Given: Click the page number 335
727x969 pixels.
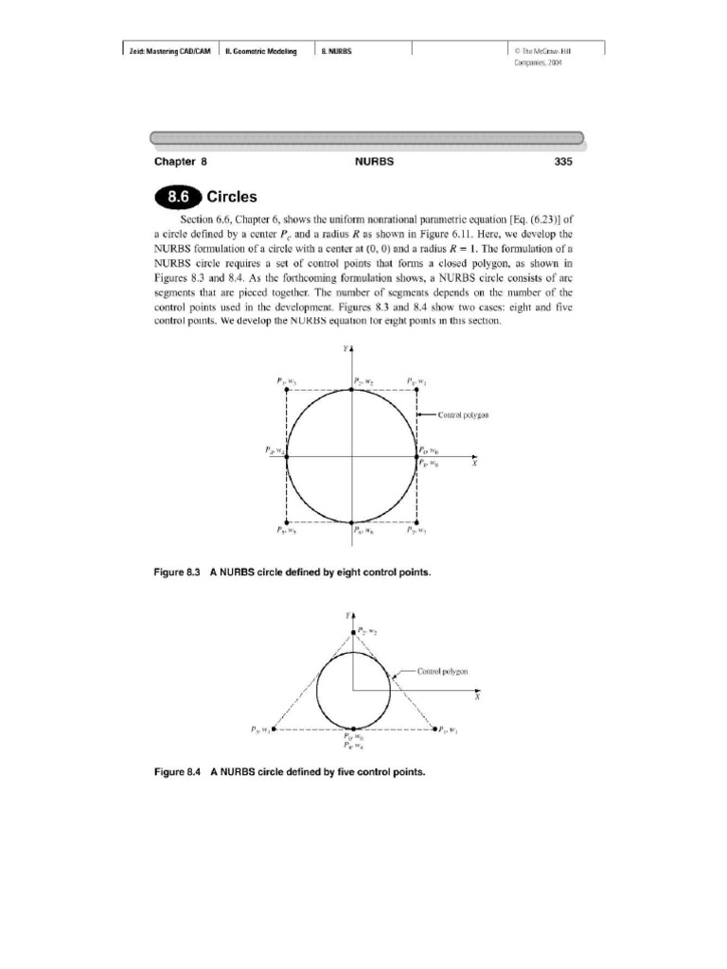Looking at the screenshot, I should click(x=563, y=162).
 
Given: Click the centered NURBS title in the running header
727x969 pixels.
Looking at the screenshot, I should click(x=374, y=162).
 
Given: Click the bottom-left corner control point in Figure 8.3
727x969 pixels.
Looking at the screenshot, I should click(x=287, y=522).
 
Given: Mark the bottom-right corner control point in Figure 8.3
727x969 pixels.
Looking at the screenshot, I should click(x=417, y=522).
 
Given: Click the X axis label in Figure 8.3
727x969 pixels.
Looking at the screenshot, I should click(x=474, y=465).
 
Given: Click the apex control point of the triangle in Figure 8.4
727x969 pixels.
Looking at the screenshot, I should click(x=352, y=631).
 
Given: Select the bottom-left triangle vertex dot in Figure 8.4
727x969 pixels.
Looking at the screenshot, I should click(x=274, y=730).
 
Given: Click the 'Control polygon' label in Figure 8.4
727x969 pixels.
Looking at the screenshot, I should click(x=443, y=671).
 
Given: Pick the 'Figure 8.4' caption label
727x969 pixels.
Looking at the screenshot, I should click(x=179, y=771).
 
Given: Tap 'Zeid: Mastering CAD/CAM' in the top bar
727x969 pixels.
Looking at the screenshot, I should click(x=169, y=51).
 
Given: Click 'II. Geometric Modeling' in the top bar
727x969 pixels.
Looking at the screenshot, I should click(x=260, y=51).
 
